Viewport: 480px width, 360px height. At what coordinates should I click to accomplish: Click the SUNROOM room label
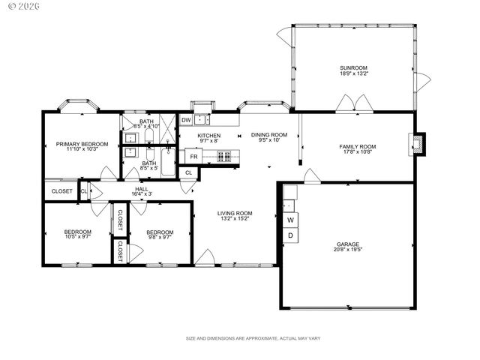(x=353, y=68)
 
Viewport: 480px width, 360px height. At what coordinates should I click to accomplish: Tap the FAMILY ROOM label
(x=357, y=146)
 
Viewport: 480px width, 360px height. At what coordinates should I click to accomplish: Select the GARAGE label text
(x=347, y=244)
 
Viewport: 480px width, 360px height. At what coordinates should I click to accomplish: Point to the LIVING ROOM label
(x=235, y=212)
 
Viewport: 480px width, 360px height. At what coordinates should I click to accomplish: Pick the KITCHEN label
(x=208, y=136)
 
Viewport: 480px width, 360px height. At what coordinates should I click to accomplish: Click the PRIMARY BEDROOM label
(x=82, y=144)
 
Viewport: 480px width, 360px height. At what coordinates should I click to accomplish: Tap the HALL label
(x=141, y=189)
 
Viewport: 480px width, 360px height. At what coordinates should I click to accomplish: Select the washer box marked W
(x=290, y=220)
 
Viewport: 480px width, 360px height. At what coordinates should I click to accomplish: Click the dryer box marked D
(x=290, y=235)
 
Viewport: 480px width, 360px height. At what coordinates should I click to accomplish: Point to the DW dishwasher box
(x=186, y=119)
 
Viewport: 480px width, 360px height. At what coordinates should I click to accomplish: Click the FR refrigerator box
(x=193, y=157)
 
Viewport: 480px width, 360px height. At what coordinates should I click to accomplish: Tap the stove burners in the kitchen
(x=223, y=156)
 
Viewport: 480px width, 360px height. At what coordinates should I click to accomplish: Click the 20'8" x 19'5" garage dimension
(x=347, y=251)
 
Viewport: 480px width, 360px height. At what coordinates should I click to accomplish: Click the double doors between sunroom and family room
(x=353, y=103)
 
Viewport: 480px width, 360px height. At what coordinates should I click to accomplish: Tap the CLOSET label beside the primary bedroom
(x=61, y=191)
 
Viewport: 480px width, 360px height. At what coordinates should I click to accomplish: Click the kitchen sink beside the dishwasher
(x=202, y=118)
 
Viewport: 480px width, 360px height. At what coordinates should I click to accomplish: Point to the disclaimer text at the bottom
(x=253, y=339)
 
